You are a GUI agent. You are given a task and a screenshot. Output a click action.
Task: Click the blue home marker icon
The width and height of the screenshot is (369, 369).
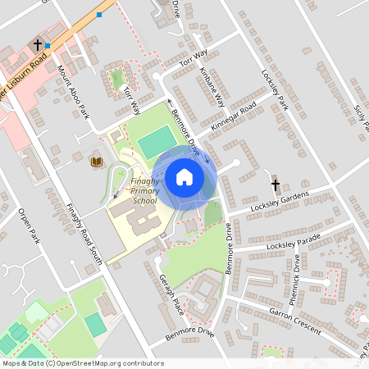click(184, 176)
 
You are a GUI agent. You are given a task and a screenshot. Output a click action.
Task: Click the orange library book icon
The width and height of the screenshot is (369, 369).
click(97, 162)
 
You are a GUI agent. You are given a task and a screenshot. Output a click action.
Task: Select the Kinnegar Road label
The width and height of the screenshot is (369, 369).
click(234, 118)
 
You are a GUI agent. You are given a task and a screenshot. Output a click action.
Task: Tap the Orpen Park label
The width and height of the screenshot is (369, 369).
click(29, 226)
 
